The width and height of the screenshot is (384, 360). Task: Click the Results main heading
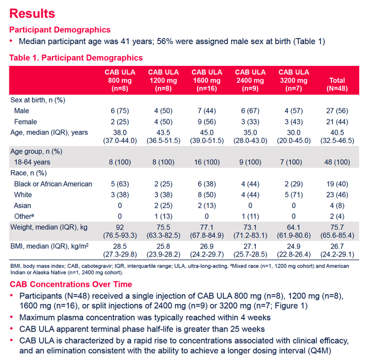[x=32, y=13]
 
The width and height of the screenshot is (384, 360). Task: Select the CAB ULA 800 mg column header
[x=120, y=80]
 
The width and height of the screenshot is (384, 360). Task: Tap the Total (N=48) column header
[x=337, y=84]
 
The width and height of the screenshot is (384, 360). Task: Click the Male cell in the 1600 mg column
[x=207, y=111]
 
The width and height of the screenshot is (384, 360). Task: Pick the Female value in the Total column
[x=337, y=122]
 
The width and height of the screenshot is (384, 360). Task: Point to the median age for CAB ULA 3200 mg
[x=293, y=137]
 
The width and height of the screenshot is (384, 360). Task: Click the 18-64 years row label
[x=32, y=162]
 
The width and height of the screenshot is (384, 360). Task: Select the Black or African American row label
[x=53, y=184]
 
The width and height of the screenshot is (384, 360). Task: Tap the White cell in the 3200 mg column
[x=293, y=195]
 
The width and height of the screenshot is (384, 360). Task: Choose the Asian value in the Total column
[x=337, y=206]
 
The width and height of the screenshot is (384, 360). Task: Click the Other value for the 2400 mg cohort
[x=250, y=217]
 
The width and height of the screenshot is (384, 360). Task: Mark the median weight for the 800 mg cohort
[x=120, y=231]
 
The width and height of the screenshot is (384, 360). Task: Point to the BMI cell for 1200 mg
[x=163, y=250]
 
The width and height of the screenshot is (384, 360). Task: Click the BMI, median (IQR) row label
[x=49, y=246]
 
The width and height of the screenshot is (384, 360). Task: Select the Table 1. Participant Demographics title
[x=76, y=58]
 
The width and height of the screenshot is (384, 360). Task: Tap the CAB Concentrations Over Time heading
[x=71, y=284]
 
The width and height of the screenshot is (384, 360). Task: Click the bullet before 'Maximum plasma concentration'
[x=11, y=317]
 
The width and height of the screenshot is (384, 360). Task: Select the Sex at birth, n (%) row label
[x=38, y=100]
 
